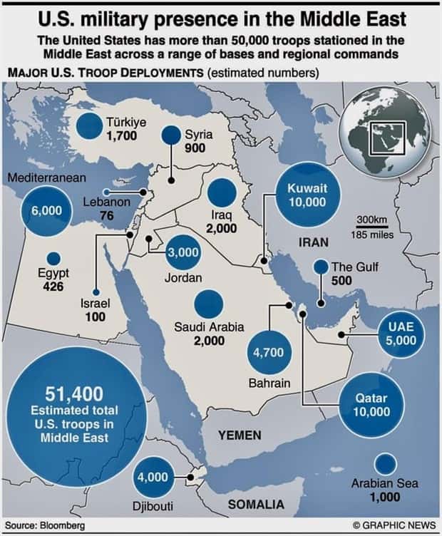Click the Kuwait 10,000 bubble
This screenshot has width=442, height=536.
click(x=307, y=195)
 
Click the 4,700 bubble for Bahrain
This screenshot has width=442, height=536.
click(x=269, y=352)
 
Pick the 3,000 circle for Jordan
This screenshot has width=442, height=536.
click(x=183, y=253)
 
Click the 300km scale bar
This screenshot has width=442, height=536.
click(x=371, y=227)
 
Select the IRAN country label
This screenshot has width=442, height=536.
click(x=314, y=242)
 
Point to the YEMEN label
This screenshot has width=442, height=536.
click(x=240, y=435)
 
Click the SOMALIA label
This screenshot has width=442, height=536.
click(x=255, y=505)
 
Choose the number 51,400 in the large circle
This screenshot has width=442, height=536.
click(x=74, y=393)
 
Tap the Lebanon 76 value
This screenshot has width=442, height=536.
click(x=108, y=216)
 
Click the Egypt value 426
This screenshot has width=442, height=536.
click(x=53, y=287)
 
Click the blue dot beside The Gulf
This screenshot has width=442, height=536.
click(x=321, y=265)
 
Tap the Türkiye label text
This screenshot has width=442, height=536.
click(x=126, y=122)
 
